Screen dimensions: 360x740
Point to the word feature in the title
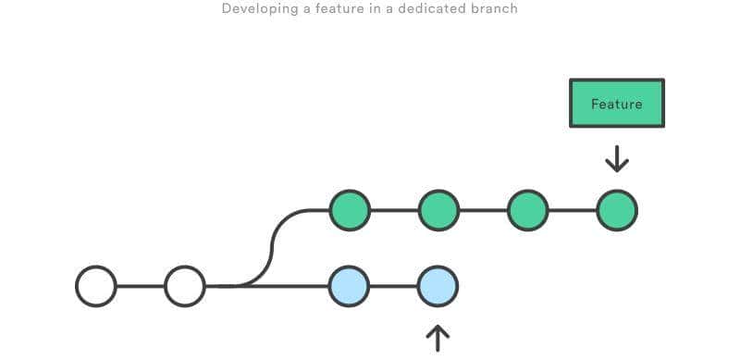pyautogui.click(x=337, y=9)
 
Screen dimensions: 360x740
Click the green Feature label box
pyautogui.click(x=616, y=104)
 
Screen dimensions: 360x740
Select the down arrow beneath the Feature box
pyautogui.click(x=616, y=158)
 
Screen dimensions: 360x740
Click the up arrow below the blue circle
pyautogui.click(x=437, y=338)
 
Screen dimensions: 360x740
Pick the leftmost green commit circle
pyautogui.click(x=350, y=210)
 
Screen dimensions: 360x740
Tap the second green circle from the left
pyautogui.click(x=438, y=210)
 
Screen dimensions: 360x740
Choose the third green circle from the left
pyautogui.click(x=527, y=210)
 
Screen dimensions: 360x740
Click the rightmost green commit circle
pyautogui.click(x=616, y=210)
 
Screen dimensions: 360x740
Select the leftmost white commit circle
pyautogui.click(x=96, y=286)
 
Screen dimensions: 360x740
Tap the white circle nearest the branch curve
pyautogui.click(x=185, y=286)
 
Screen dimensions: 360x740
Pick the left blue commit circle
pyautogui.click(x=350, y=286)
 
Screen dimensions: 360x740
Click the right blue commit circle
pyautogui.click(x=438, y=286)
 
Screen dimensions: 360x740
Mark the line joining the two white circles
pyautogui.click(x=141, y=286)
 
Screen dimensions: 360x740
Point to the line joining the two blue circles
pyautogui.click(x=394, y=286)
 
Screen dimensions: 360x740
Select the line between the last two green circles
pyautogui.click(x=572, y=210)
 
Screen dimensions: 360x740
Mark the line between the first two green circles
pyautogui.click(x=394, y=210)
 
